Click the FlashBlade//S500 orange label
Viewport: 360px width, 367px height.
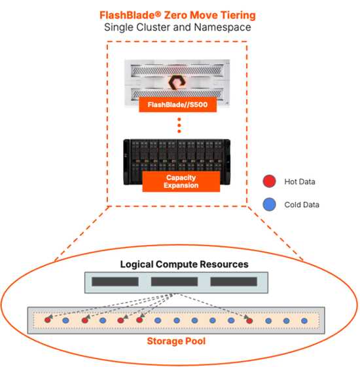point(177,104)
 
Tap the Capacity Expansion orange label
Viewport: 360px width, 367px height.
point(181,182)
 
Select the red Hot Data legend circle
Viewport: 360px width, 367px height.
point(269,181)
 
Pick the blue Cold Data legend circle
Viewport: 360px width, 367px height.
point(269,204)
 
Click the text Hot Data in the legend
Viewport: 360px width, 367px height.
point(300,182)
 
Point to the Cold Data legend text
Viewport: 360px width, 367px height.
point(302,204)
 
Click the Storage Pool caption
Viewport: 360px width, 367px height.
point(176,341)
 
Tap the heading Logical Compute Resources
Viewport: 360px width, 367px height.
point(184,264)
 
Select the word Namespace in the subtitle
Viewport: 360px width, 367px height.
point(223,27)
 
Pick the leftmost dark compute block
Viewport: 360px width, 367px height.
point(115,282)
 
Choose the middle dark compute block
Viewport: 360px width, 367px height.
point(174,282)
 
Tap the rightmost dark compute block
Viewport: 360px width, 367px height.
point(234,282)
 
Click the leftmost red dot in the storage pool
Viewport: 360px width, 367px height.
point(47,320)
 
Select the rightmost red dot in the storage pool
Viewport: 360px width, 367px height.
point(249,320)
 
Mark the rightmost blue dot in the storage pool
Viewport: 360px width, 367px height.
point(304,320)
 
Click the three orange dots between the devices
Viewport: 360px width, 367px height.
point(179,125)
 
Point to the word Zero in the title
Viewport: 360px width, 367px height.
point(175,15)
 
